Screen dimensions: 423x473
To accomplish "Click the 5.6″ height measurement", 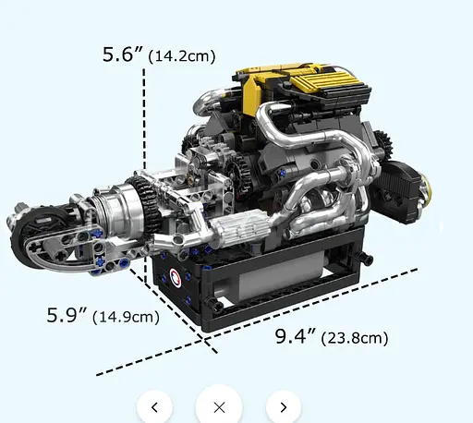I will pyautogui.click(x=123, y=54).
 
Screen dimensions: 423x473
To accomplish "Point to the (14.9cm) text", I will pyautogui.click(x=127, y=317).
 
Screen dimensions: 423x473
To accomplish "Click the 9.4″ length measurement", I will pyautogui.click(x=295, y=336).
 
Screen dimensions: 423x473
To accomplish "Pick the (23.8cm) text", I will pyautogui.click(x=354, y=338).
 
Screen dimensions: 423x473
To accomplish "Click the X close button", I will pyautogui.click(x=219, y=406).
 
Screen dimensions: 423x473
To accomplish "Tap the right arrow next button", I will pyautogui.click(x=284, y=406).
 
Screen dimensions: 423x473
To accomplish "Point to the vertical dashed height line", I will pyautogui.click(x=143, y=120).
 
